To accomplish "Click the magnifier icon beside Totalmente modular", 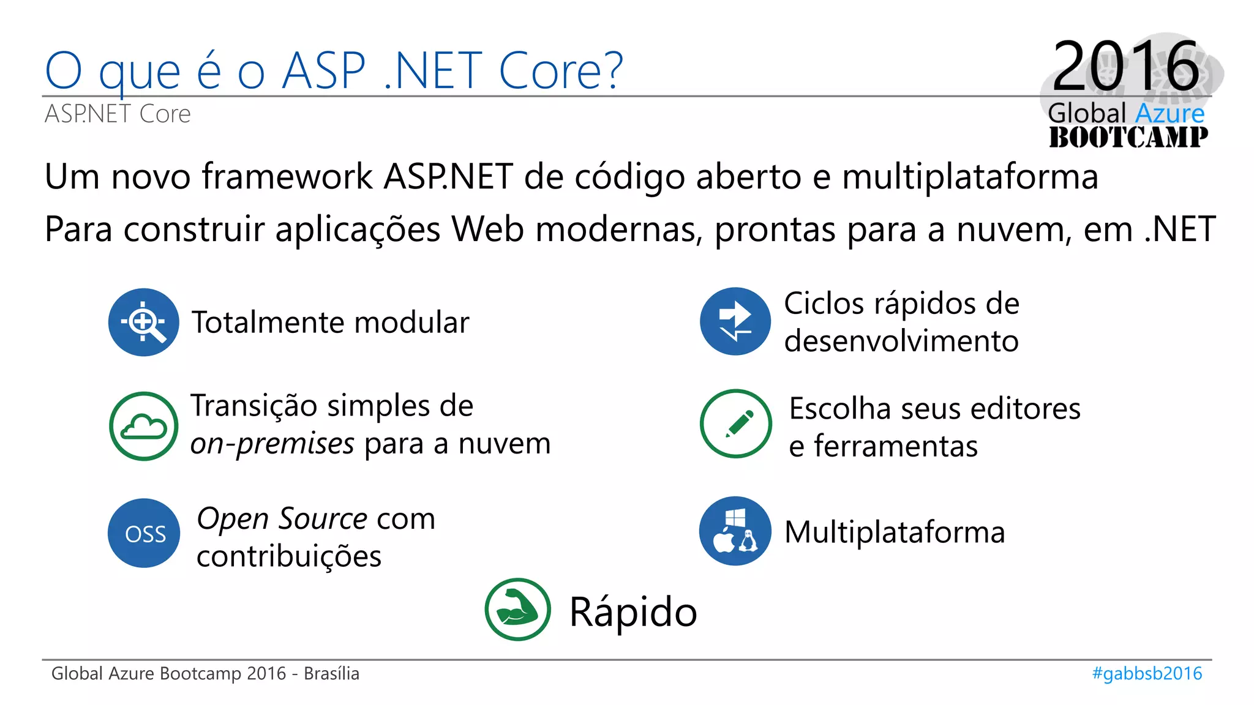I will (x=144, y=322).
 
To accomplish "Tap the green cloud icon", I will (x=144, y=426).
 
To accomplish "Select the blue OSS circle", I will (x=144, y=533).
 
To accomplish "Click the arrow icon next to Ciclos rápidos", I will (x=735, y=321).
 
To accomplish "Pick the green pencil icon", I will (x=735, y=423).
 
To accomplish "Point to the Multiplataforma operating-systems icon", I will (x=735, y=531).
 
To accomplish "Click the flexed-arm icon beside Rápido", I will (x=517, y=610).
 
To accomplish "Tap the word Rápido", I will (x=633, y=611).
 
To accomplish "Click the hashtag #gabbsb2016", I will (x=1147, y=673).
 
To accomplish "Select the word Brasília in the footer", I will (x=331, y=673).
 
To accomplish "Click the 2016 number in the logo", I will (x=1125, y=65).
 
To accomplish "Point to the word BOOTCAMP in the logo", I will (x=1128, y=137).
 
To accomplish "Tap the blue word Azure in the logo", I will (x=1170, y=113).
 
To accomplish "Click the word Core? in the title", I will (x=561, y=70).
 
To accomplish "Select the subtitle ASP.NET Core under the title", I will (x=118, y=114).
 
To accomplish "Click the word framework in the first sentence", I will (x=287, y=177).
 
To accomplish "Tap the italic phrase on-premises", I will (x=272, y=443).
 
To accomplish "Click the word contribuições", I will (x=289, y=556).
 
